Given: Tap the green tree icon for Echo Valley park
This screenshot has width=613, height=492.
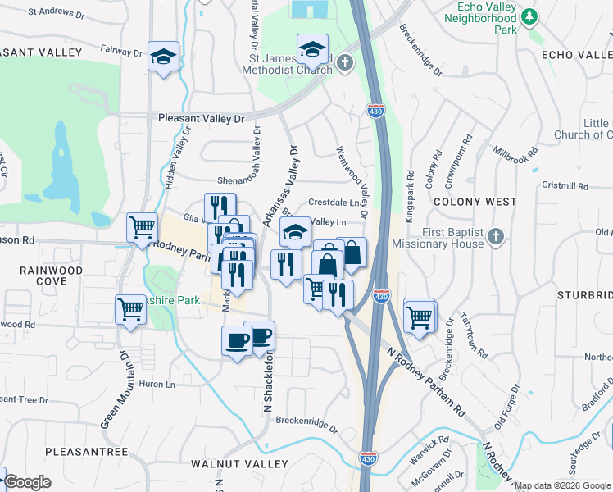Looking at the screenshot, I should pos(529,16).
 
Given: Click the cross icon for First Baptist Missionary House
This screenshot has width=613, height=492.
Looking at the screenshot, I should pos(493,237).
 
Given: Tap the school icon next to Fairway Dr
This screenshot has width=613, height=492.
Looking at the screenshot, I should pos(163,57).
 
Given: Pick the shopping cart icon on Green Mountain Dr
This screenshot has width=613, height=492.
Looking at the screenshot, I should pos(129,310).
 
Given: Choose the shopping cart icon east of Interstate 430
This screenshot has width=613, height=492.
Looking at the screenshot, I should pos(420,316).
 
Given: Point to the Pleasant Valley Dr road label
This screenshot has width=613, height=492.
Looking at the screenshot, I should pos(202,119).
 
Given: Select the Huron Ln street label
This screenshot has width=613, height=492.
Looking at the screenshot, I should pos(159,383).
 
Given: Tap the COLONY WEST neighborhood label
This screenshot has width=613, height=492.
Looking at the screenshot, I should pos(475,201).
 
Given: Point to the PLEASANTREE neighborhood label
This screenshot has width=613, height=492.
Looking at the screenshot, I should pos(87,452).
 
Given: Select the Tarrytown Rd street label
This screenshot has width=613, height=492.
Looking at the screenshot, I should pos(475,335).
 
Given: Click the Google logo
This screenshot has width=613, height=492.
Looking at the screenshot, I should pos(27,482).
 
